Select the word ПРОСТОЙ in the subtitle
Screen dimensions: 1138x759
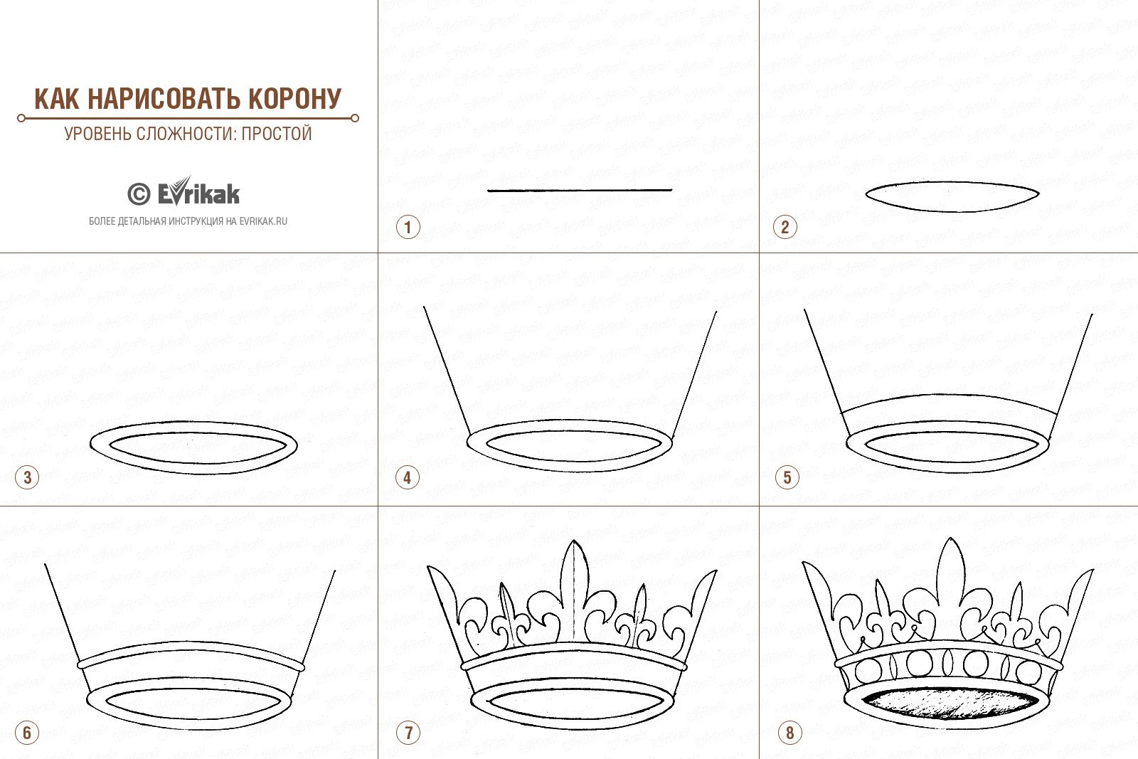point(277,134)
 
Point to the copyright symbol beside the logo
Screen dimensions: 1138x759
point(139,194)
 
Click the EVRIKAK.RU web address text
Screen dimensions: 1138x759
point(263,221)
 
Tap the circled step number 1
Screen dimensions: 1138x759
point(408,227)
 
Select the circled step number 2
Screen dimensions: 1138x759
point(785,227)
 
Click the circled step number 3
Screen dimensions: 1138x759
point(27,477)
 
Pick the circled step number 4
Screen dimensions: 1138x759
point(408,477)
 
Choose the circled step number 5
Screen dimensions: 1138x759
point(787,477)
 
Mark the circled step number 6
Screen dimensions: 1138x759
point(27,733)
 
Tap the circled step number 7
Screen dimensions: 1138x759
point(408,733)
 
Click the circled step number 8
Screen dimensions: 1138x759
point(789,733)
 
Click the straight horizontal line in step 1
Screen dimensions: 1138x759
point(580,191)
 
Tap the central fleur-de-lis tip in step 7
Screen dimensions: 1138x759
point(574,541)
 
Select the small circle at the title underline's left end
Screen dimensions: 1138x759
point(21,118)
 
